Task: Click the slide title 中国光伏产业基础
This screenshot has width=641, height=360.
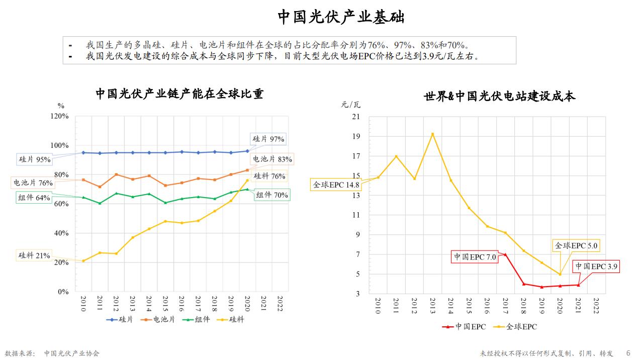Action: click(x=341, y=18)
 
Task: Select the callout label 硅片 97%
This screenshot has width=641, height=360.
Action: click(x=268, y=139)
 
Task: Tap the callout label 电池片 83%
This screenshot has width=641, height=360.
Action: click(x=272, y=159)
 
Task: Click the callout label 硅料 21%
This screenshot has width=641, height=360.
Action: click(x=34, y=255)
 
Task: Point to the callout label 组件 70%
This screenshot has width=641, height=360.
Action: click(x=272, y=195)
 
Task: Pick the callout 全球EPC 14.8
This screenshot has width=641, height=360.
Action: click(x=336, y=185)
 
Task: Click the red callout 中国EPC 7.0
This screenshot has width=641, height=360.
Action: click(x=475, y=257)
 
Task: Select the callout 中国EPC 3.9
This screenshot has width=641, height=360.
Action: click(x=596, y=266)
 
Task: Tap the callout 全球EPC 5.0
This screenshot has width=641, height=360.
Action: click(x=577, y=246)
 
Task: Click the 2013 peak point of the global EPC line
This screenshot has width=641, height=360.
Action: click(x=432, y=134)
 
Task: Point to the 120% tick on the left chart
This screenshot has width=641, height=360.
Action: click(x=60, y=116)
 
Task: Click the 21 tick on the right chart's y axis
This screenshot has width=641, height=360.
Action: click(x=356, y=117)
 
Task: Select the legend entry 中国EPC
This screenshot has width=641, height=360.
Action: click(x=465, y=327)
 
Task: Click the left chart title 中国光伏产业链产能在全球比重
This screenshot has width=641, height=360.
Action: click(x=179, y=94)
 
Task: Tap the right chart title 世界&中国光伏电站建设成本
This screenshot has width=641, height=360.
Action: click(x=500, y=97)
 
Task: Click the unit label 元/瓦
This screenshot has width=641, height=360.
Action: click(x=351, y=105)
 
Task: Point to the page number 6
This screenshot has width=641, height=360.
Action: click(x=628, y=353)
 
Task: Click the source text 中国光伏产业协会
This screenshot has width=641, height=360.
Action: click(x=72, y=353)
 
